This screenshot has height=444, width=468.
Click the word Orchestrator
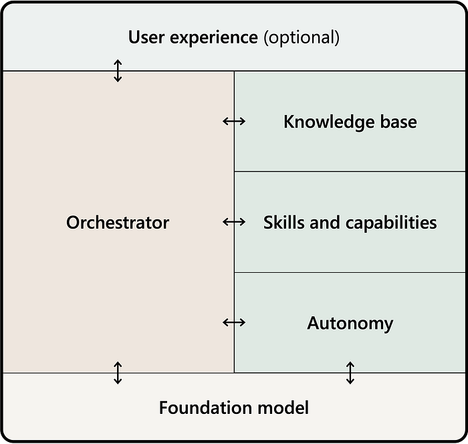tap(118, 223)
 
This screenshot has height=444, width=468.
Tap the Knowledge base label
tap(350, 122)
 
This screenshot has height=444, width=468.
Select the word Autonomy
tap(350, 324)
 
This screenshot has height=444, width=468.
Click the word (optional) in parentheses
tap(302, 37)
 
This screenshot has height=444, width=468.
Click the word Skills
tap(284, 223)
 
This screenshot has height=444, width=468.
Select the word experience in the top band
tap(214, 38)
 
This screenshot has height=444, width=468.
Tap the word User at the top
tap(146, 37)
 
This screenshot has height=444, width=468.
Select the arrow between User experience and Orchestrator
tap(118, 71)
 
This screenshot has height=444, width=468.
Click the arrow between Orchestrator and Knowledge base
tap(234, 121)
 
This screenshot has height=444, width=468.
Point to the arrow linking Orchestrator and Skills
tap(234, 222)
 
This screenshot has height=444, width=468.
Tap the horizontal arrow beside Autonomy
tap(234, 322)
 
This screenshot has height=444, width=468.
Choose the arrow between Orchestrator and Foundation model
tap(118, 372)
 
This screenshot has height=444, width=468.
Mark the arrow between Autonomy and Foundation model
tap(350, 372)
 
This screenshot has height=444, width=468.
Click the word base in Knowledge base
tap(398, 122)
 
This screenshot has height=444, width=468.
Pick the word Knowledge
tap(329, 122)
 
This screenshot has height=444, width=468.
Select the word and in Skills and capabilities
tap(325, 223)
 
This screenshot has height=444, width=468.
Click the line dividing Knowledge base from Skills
tap(350, 171)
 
